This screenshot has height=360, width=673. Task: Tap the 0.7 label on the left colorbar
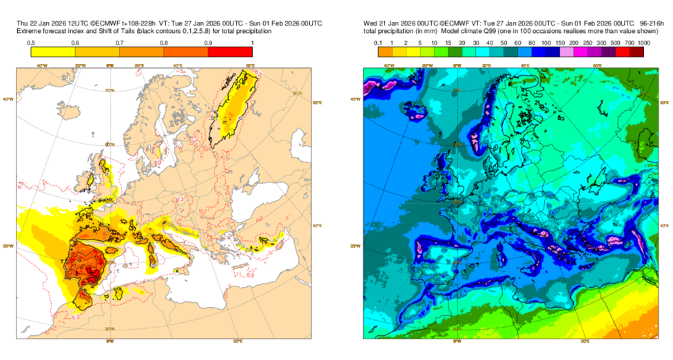[x=119, y=43]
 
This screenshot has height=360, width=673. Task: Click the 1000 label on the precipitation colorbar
[x=643, y=43]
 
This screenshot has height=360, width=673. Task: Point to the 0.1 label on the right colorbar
[x=377, y=43]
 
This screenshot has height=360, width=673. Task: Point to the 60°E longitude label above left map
[x=250, y=65]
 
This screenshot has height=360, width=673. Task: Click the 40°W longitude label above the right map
[x=388, y=65]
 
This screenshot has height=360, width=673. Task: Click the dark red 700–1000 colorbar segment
[x=636, y=52]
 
